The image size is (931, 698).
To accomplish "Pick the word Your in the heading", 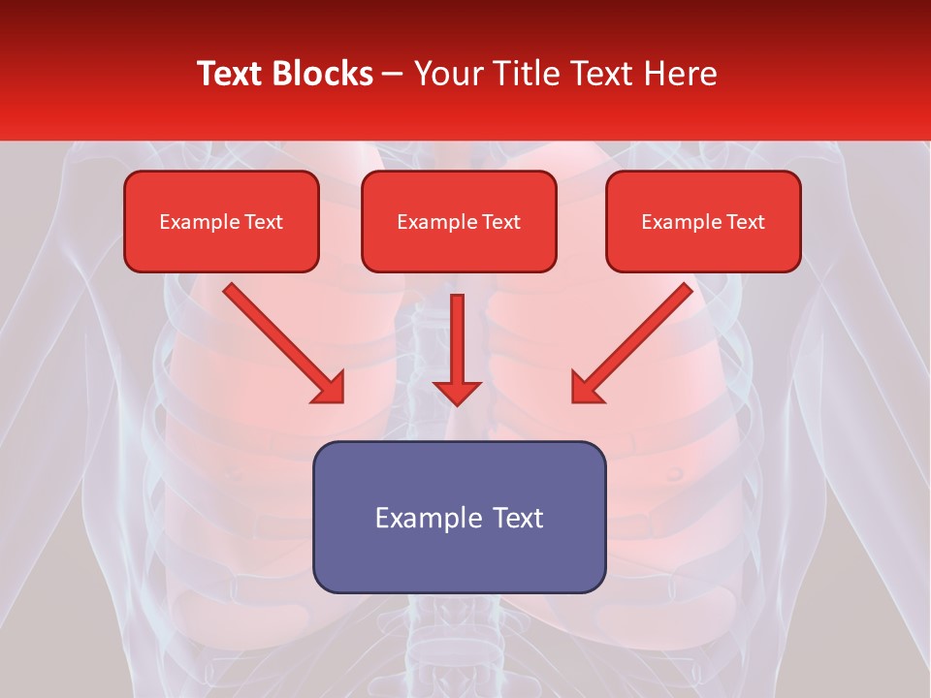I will point(447,74).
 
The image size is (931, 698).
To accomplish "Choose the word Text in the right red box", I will point(746,222).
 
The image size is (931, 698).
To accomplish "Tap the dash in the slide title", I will point(394,74).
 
